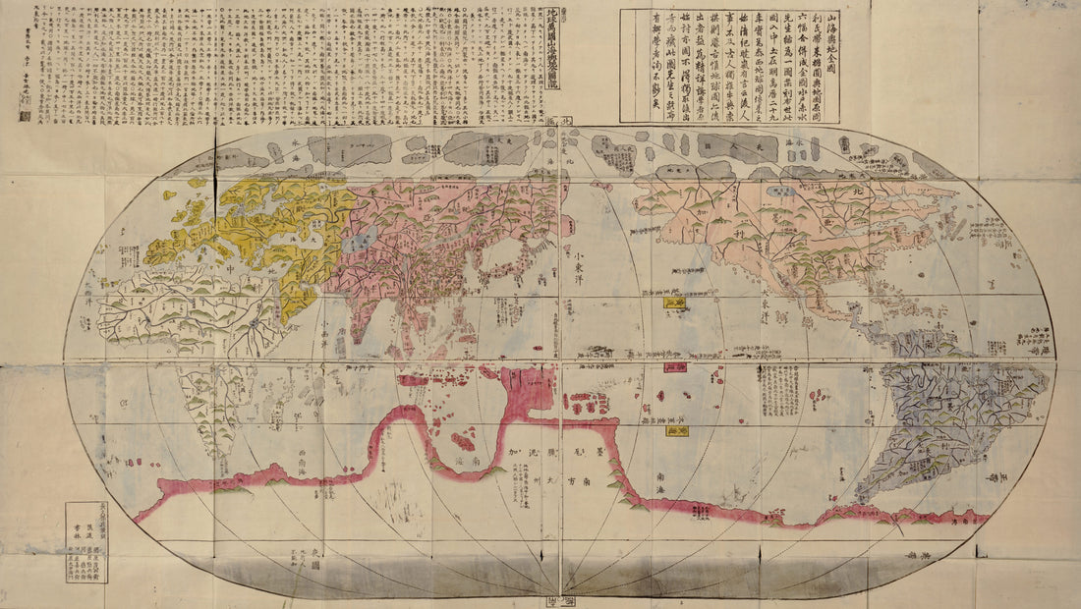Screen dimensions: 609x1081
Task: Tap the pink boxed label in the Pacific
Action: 674,366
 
